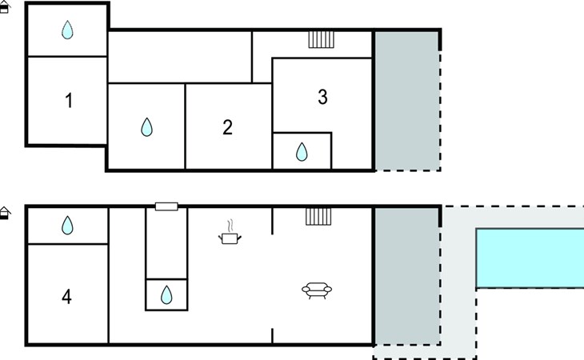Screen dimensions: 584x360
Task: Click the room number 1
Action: click(69, 101)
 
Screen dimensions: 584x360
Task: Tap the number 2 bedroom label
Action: click(227, 127)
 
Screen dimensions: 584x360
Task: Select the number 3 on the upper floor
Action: click(322, 97)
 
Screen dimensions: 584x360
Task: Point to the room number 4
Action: click(66, 297)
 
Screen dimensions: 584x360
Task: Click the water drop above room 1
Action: click(67, 30)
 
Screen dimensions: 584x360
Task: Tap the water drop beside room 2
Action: click(146, 127)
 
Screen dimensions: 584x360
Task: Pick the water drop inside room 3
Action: click(302, 152)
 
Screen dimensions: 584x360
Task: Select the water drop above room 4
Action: click(67, 226)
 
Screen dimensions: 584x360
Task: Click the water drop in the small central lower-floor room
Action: click(166, 295)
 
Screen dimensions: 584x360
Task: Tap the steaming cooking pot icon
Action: click(230, 232)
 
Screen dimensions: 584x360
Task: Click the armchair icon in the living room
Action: click(317, 290)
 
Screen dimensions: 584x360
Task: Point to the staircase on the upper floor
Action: click(321, 40)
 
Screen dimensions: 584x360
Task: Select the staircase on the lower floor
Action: click(318, 217)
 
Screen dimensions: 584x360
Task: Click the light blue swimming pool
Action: click(530, 258)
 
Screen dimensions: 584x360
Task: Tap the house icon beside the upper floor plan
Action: click(5, 7)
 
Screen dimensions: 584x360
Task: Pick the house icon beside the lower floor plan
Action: click(5, 213)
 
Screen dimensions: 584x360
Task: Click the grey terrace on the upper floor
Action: click(406, 101)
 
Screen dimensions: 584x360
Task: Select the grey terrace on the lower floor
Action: click(407, 276)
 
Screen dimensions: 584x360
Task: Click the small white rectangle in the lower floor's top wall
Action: click(166, 206)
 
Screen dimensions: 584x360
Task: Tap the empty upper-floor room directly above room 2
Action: click(180, 57)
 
